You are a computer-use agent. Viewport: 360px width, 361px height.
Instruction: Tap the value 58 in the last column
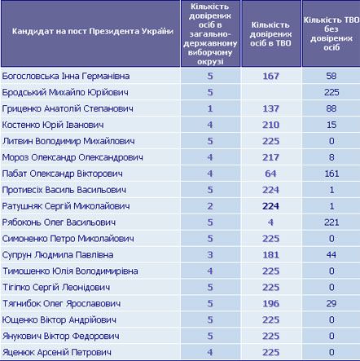click(330, 76)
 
